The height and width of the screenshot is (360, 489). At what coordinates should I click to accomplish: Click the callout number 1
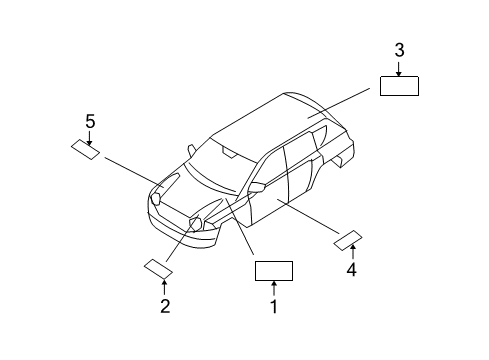(x=273, y=308)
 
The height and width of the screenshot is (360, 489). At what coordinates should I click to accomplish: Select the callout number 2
(x=166, y=306)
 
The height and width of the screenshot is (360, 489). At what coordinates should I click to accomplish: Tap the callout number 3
(x=399, y=50)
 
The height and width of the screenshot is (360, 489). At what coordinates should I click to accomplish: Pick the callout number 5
(x=89, y=121)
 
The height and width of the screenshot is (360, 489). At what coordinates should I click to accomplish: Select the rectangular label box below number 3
(x=398, y=84)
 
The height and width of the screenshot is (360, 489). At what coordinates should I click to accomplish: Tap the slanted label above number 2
(x=159, y=267)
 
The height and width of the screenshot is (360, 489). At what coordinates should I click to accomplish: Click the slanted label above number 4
(x=347, y=239)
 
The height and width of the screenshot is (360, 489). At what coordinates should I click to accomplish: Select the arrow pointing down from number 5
(x=89, y=137)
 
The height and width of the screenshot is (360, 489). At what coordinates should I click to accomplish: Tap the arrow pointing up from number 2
(x=166, y=288)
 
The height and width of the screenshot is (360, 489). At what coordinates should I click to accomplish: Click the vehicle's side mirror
(x=256, y=187)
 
